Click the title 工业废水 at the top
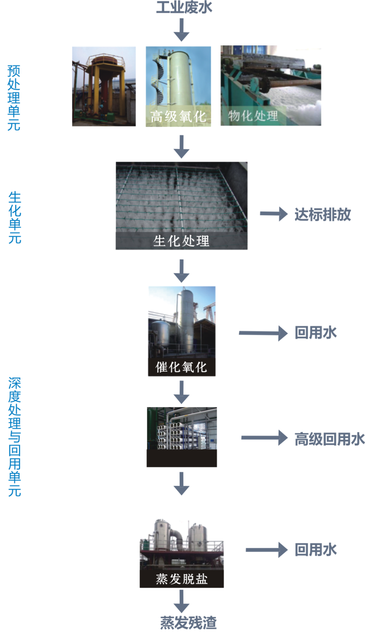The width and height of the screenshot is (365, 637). point(184,8)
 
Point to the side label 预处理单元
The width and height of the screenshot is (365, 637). point(14,97)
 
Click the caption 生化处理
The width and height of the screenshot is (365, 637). point(181,241)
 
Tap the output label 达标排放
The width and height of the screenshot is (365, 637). point(322,214)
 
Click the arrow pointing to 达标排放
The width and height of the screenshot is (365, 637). point(274,214)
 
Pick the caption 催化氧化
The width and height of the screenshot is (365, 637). point(182,367)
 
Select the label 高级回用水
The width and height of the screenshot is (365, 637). point(329,438)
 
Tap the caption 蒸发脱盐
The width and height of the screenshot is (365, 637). point(182,579)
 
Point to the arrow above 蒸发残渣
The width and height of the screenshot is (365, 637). point(181,601)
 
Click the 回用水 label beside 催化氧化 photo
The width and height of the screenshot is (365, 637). point(316,333)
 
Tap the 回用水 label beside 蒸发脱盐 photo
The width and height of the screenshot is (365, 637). point(316,550)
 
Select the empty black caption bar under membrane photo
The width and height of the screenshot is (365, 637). point(182,458)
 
